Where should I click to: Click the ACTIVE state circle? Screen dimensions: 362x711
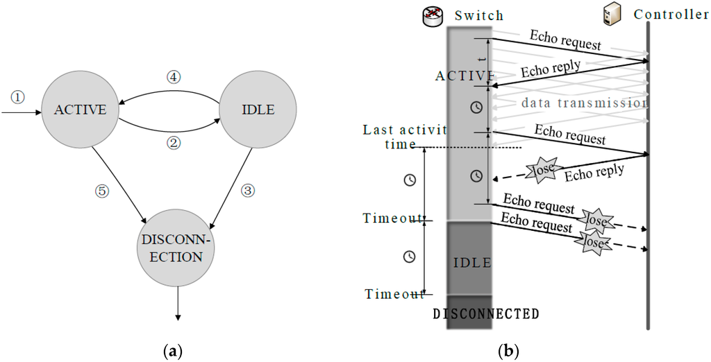(81, 110)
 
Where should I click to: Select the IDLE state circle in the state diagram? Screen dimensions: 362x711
(258, 110)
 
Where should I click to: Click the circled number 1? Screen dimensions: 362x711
(18, 97)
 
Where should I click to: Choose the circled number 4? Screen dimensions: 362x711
(173, 78)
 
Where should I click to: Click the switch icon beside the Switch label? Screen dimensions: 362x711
(433, 16)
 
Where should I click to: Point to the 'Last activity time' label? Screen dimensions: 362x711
(405, 137)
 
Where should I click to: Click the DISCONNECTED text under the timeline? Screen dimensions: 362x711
(485, 313)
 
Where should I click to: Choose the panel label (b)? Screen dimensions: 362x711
(510, 352)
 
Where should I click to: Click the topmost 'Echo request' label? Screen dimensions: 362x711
(565, 39)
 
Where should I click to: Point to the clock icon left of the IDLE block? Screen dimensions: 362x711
(410, 257)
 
